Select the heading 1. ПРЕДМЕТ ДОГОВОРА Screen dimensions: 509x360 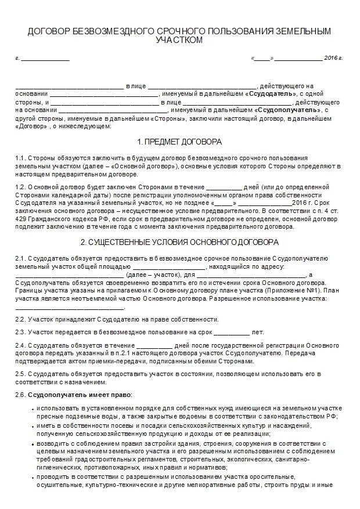point(179,142)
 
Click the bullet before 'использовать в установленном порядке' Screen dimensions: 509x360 point(31,409)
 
